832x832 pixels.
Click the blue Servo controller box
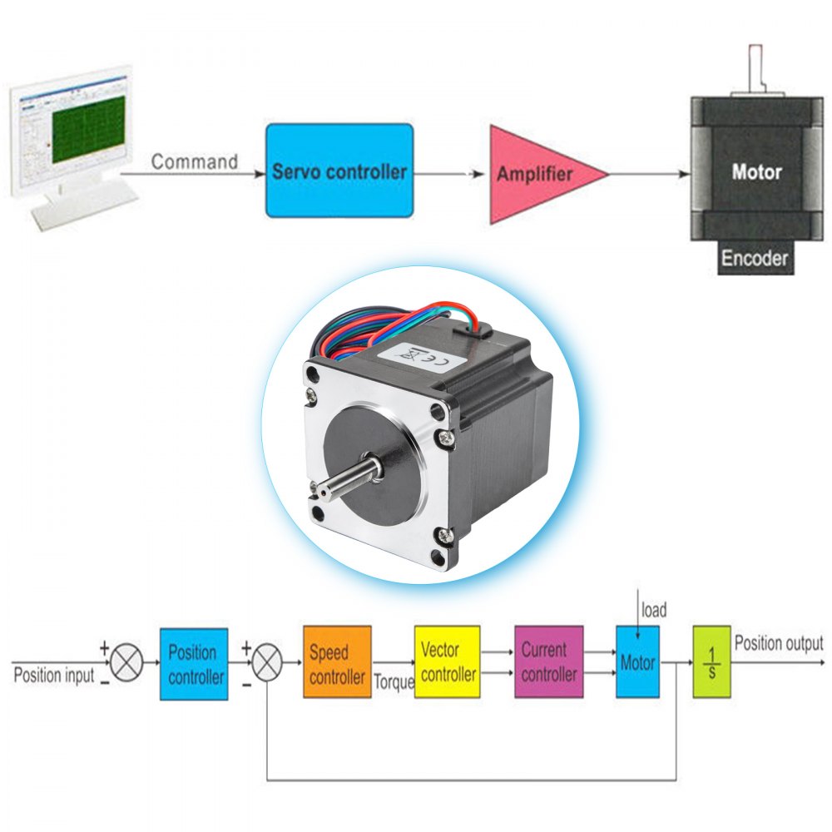coord(339,171)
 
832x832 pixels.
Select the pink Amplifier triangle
coord(537,174)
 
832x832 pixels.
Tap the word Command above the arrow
coord(194,161)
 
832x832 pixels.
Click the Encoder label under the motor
coord(754,258)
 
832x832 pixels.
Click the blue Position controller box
coord(194,664)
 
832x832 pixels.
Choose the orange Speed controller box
coord(337,663)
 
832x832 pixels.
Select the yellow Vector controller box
coord(448,662)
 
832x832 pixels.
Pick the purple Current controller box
coord(548,662)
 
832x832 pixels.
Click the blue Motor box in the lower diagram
coord(637,662)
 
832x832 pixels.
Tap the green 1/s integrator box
coord(711,662)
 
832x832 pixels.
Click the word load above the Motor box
coord(653,611)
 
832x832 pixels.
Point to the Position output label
coord(779,643)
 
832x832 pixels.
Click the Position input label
coord(54,675)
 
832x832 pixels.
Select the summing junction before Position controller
coord(126,664)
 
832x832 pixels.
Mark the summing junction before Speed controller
coord(266,664)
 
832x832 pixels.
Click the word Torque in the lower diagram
coord(394,682)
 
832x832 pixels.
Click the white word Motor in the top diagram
coord(755,172)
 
